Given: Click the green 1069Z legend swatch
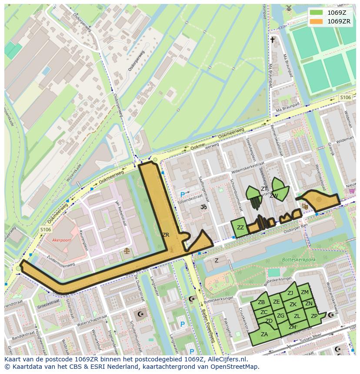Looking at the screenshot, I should pos(317,12).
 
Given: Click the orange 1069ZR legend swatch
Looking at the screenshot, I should pos(317,21).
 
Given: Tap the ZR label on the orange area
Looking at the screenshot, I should pos(166,235).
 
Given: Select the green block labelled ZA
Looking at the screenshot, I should pos(264,334).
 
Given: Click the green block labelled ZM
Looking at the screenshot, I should pos(305,292).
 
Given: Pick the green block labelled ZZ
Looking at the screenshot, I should pos(240,227).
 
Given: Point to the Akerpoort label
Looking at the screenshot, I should pos(61,239).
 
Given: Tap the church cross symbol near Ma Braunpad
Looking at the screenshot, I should pos(273,40).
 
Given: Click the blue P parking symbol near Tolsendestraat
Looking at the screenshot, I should pos(183,195).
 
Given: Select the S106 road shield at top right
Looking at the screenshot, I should pos(345,98).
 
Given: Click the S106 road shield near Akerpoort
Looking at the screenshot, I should pos(45,229).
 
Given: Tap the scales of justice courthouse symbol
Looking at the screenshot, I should pos(127,251).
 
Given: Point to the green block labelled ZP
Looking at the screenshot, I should pos(314,316).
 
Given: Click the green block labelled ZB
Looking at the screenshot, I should pos(261,302).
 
